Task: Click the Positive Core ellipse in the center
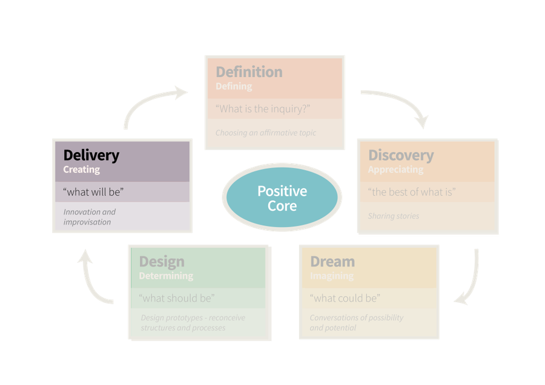pyautogui.click(x=282, y=198)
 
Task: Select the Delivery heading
pyautogui.click(x=91, y=155)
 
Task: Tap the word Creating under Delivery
pyautogui.click(x=82, y=170)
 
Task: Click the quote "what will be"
pyautogui.click(x=93, y=192)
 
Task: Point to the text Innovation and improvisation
pyautogui.click(x=90, y=217)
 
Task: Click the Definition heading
pyautogui.click(x=249, y=71)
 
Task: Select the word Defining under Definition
pyautogui.click(x=234, y=87)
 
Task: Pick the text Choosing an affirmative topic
pyautogui.click(x=266, y=133)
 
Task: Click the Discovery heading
pyautogui.click(x=401, y=155)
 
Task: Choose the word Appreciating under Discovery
pyautogui.click(x=395, y=170)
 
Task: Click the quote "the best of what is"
pyautogui.click(x=412, y=192)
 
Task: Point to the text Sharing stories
pyautogui.click(x=394, y=216)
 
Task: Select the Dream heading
pyautogui.click(x=332, y=262)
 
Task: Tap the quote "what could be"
pyautogui.click(x=345, y=298)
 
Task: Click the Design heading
pyautogui.click(x=162, y=262)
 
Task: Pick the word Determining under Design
pyautogui.click(x=166, y=276)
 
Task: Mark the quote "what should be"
pyautogui.click(x=177, y=298)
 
